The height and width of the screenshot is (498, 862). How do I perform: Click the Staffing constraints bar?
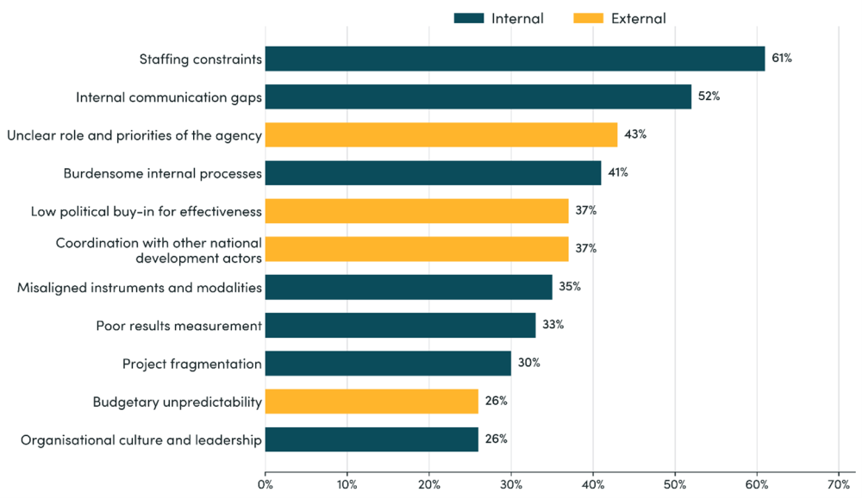click(515, 59)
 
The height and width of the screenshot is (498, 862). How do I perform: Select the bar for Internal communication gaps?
click(478, 96)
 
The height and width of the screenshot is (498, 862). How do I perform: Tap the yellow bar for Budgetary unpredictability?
click(372, 401)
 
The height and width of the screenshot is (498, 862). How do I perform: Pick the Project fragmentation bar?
click(388, 363)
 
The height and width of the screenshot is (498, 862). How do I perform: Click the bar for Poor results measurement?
click(400, 325)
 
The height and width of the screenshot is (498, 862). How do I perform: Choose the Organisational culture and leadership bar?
click(372, 439)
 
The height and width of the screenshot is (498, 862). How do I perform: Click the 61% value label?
click(781, 59)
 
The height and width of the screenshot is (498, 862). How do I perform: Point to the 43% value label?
click(635, 134)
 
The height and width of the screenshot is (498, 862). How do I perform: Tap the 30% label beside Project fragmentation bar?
click(528, 363)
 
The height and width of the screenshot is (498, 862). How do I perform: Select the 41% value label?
click(617, 172)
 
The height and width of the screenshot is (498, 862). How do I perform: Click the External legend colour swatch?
click(588, 18)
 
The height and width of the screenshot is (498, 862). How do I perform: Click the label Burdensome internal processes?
click(162, 173)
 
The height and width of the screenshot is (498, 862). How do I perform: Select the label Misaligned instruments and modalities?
click(140, 287)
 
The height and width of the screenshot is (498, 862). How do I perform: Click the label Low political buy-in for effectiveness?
click(146, 211)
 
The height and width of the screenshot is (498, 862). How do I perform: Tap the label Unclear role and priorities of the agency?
click(134, 135)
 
